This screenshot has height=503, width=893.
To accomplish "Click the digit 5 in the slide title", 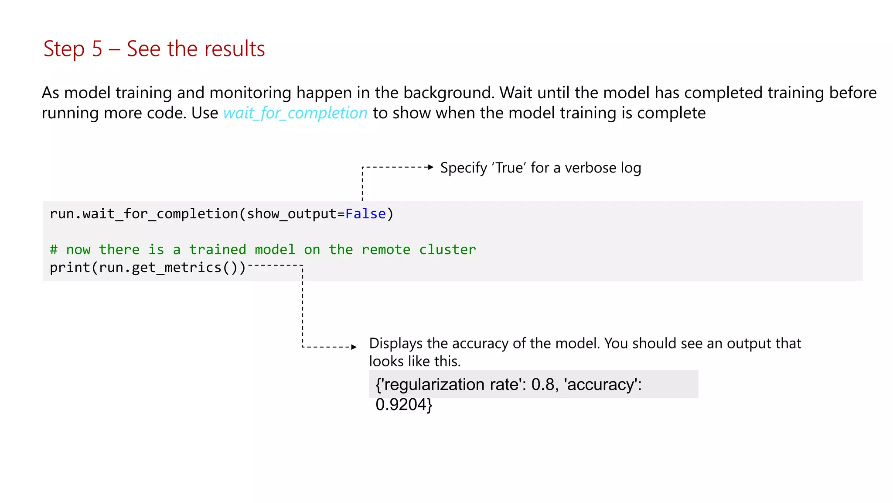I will coord(97,49).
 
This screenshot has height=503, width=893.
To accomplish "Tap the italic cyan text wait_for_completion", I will coord(295,113).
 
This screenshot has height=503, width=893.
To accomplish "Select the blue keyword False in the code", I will coord(365,214).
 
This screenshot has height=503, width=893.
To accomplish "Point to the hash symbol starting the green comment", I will coord(54,250).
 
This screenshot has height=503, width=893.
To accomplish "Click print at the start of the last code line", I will coord(70,267).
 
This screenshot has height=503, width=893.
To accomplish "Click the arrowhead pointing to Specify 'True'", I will coord(431,167).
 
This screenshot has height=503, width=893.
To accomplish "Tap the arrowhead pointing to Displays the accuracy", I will coord(354,347).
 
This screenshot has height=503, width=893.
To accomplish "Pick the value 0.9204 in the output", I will coord(400,405).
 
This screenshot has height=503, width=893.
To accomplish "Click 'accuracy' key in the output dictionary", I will coord(602,384).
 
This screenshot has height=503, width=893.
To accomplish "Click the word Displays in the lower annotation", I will coord(395,344).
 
